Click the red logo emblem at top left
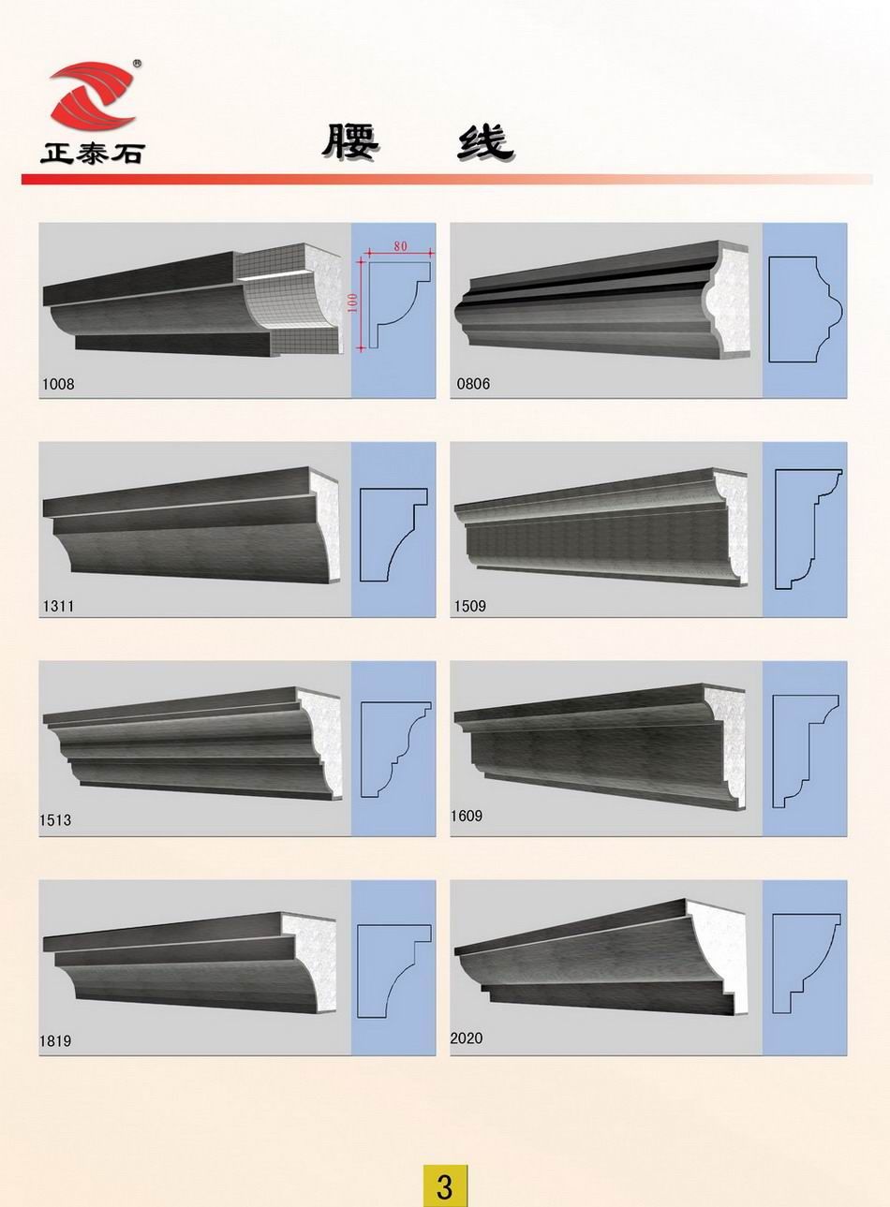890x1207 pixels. (92, 96)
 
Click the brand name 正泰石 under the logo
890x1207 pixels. (93, 153)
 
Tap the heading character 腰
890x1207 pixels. (350, 141)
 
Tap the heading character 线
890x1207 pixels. (484, 141)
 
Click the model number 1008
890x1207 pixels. (58, 384)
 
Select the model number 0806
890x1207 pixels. (473, 384)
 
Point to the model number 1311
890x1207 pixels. (58, 606)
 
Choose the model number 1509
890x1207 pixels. (469, 606)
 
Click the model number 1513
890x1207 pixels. (55, 820)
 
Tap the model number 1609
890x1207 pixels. (467, 816)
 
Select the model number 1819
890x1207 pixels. (55, 1040)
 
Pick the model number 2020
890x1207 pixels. (467, 1038)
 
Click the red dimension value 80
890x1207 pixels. (400, 246)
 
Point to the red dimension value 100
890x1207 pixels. (353, 306)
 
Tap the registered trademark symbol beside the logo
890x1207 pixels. (137, 62)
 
